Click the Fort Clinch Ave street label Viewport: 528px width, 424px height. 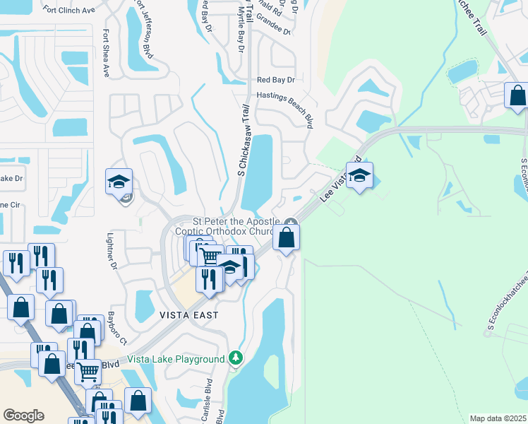pyautogui.click(x=70, y=10)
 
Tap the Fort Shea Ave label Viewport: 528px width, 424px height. pyautogui.click(x=106, y=52)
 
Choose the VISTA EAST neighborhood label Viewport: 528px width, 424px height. pyautogui.click(x=188, y=315)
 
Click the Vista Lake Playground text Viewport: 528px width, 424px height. pyautogui.click(x=176, y=360)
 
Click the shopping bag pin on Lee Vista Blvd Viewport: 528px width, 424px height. pyautogui.click(x=287, y=239)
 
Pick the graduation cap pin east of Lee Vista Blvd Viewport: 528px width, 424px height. pyautogui.click(x=359, y=177)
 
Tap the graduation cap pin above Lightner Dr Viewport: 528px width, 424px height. pyautogui.click(x=119, y=182)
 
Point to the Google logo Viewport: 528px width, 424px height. pyautogui.click(x=23, y=416)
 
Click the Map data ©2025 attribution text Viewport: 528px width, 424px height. pyautogui.click(x=498, y=418)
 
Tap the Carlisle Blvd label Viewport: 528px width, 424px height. pyautogui.click(x=208, y=399)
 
